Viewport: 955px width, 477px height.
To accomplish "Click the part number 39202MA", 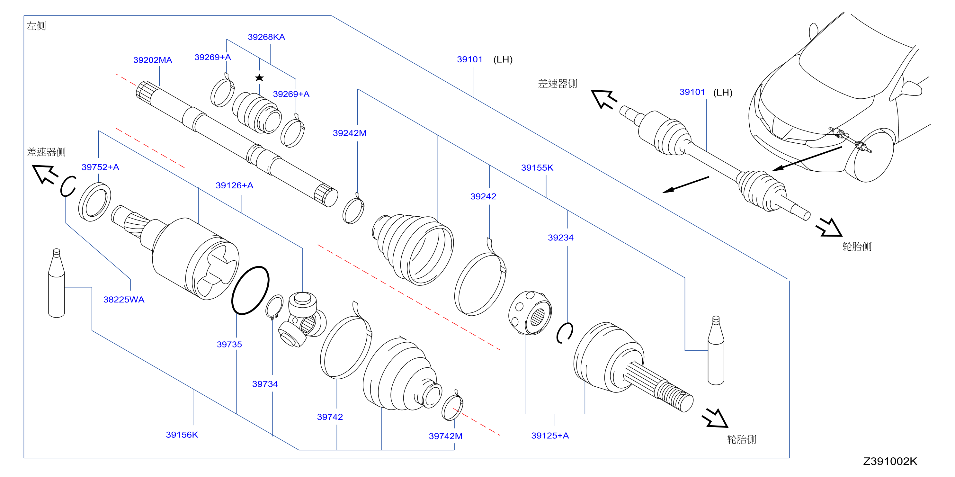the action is (x=152, y=60).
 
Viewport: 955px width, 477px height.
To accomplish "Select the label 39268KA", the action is (x=266, y=37).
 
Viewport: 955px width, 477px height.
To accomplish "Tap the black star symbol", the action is (x=259, y=78).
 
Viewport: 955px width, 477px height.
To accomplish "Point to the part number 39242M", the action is (x=349, y=133).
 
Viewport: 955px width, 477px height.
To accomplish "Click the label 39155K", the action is (x=537, y=168).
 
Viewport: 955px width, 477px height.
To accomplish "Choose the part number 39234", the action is (x=560, y=238).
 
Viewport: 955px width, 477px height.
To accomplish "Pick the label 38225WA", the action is (x=123, y=300).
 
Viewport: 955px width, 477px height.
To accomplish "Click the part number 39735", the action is (x=229, y=345).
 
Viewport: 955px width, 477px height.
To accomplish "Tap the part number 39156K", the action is (x=182, y=435).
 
